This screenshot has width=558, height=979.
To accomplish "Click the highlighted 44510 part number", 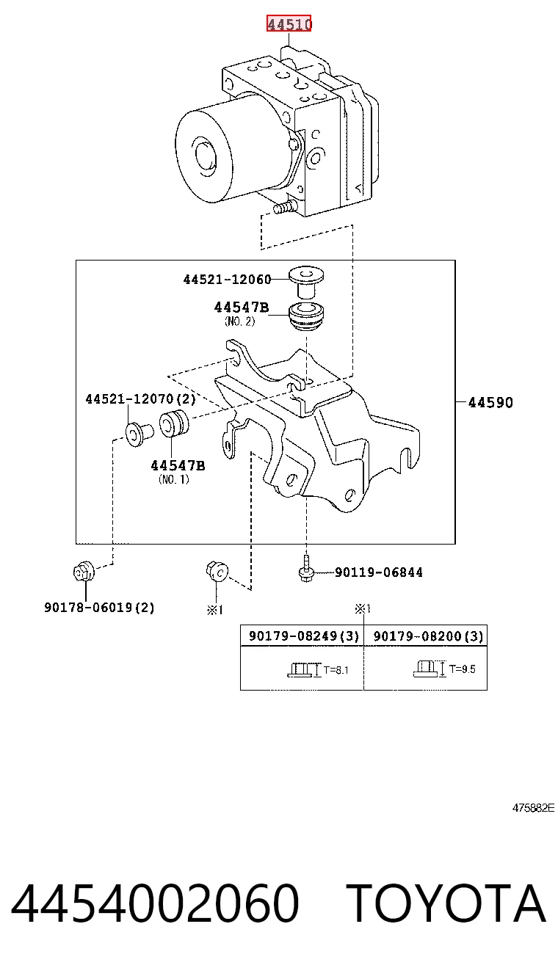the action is click(x=289, y=23).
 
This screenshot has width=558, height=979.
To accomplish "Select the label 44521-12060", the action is click(x=227, y=280).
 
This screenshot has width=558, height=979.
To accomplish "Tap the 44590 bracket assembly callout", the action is click(x=490, y=402).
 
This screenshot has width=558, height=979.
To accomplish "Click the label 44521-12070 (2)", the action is click(x=140, y=398).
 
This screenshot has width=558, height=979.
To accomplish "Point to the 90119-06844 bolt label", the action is click(x=379, y=572).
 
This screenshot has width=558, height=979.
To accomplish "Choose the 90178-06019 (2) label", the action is click(x=99, y=607).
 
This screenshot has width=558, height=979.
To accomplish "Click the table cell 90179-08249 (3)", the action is click(x=303, y=636).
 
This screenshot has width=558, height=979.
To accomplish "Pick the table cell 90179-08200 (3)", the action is click(x=428, y=636).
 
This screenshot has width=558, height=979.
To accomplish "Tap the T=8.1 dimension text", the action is click(x=336, y=670).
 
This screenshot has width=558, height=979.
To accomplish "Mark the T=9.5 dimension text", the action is click(x=463, y=669).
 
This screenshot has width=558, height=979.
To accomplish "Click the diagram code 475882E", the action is click(x=533, y=808).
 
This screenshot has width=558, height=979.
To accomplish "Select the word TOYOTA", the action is click(x=447, y=903).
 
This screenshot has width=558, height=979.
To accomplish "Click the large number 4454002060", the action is click(x=155, y=903).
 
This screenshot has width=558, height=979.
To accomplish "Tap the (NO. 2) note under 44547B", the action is click(x=239, y=321).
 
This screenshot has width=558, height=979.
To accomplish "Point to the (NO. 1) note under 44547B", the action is click(x=174, y=479).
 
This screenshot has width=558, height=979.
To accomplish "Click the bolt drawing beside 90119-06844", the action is click(x=306, y=569).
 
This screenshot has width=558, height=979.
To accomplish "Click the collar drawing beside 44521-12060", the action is click(x=306, y=282).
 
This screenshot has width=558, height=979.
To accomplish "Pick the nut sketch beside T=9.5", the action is click(x=426, y=669).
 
